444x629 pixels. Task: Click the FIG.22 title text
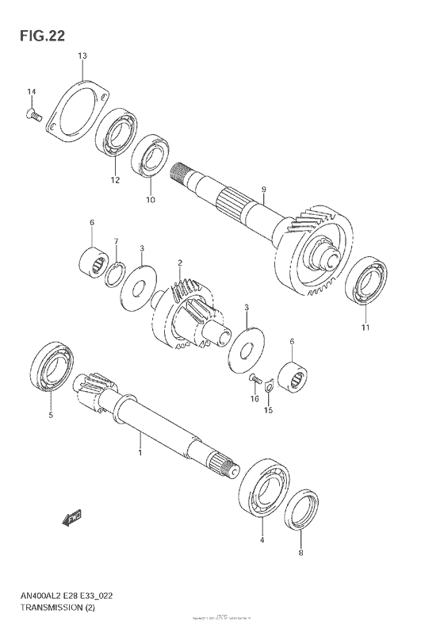click(37, 35)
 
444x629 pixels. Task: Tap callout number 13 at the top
click(82, 56)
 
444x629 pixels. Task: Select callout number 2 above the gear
click(180, 263)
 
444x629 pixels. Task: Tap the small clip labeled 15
click(270, 386)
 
